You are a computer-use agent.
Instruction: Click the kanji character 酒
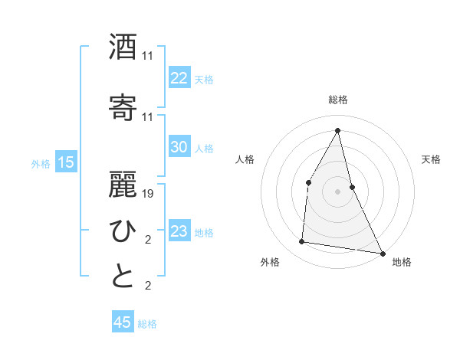[x=123, y=47]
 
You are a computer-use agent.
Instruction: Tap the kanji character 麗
[x=123, y=184]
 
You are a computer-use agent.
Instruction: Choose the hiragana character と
[x=123, y=277]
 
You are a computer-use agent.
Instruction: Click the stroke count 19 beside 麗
[x=149, y=194]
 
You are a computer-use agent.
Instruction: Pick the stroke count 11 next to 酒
[x=148, y=56]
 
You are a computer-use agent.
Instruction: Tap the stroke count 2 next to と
[x=148, y=286]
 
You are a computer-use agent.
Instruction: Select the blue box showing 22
[x=179, y=78]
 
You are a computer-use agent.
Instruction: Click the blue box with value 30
[x=179, y=147]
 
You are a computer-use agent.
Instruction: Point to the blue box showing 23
[x=179, y=231]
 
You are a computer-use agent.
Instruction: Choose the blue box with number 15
[x=66, y=162]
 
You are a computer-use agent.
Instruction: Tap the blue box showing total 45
[x=123, y=322]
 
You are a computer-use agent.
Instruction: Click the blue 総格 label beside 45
[x=147, y=324]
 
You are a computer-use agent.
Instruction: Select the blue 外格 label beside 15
[x=41, y=163]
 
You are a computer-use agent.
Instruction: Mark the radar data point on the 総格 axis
[x=337, y=130]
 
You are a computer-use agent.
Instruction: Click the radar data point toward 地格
[x=382, y=253]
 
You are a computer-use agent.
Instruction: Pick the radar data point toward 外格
[x=302, y=242]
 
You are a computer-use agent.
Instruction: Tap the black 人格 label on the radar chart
[x=245, y=159]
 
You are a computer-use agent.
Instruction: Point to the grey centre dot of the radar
[x=337, y=191]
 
